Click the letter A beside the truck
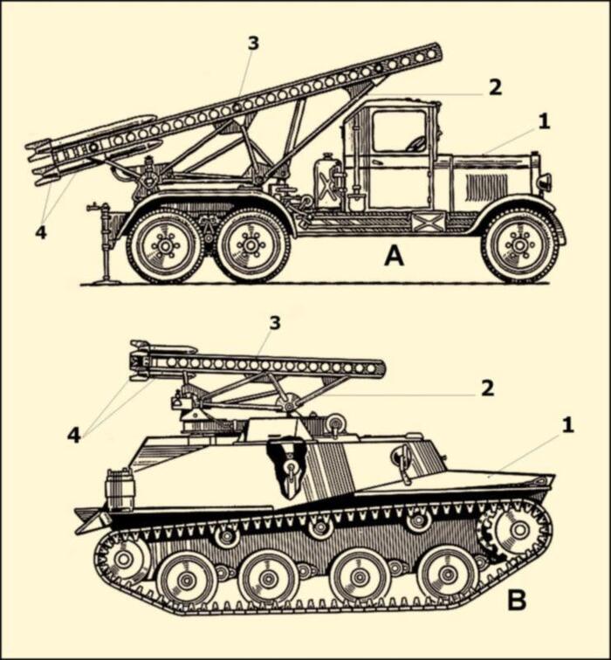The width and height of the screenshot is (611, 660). point(394,257)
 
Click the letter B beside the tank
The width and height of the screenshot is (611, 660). point(517,600)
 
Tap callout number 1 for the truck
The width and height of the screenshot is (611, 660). point(544,121)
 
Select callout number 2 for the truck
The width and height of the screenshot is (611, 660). point(495,87)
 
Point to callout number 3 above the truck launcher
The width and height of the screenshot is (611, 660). point(253,44)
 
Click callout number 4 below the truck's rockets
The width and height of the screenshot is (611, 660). point(40,232)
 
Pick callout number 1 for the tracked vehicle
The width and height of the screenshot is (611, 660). point(567,425)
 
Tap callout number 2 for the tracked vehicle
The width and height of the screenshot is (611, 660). point(487,388)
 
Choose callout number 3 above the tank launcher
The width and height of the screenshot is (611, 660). point(274,323)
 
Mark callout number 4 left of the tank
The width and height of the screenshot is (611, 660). point(73,436)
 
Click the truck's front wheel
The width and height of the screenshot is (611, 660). point(520,246)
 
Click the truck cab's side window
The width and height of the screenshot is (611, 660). point(399,131)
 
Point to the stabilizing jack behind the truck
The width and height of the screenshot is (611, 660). point(102,241)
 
